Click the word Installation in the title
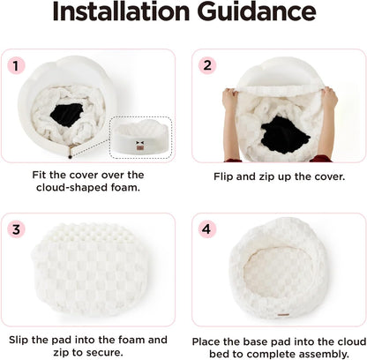pos(121,11)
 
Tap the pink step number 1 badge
pos(16,65)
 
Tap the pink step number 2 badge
pos(207,65)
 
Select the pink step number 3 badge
pos(16,229)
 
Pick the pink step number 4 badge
pos(206,229)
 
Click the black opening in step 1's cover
pos(67,114)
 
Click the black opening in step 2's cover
pos(285,134)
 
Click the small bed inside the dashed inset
pos(140,138)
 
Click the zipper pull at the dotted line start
pos(70,156)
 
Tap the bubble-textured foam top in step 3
pos(91,232)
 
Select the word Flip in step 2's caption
pos(223,176)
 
